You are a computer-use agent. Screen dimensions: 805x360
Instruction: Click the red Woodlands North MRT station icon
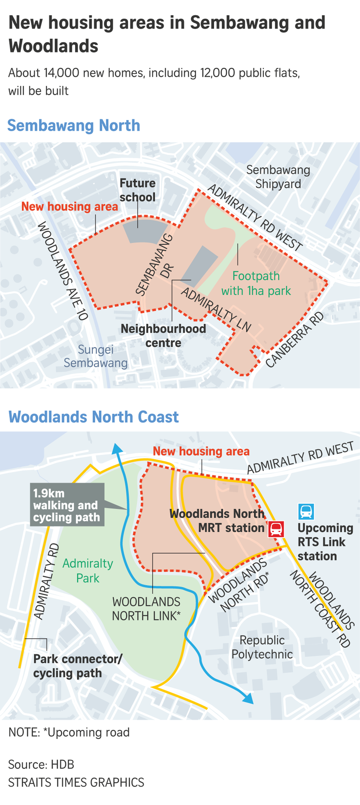276,529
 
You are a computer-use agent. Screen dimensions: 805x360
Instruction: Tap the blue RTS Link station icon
306,511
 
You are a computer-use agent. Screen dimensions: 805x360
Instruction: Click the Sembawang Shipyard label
278,177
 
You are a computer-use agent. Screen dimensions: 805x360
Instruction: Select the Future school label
137,190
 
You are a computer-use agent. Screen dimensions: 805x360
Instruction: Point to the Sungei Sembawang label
95,356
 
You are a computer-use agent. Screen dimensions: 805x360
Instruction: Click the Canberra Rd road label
295,340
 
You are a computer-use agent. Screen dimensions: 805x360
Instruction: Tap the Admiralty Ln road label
216,309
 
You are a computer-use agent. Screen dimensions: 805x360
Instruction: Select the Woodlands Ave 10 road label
63,271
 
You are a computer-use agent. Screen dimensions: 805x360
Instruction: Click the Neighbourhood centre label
163,335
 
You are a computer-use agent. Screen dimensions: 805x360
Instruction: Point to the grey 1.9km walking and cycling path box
67,505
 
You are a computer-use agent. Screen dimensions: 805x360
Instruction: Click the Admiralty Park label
87,570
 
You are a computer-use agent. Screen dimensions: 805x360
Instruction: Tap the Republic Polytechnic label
262,647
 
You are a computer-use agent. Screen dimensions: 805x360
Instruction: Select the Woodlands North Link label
146,608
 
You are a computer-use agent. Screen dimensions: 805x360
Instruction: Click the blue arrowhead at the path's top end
117,448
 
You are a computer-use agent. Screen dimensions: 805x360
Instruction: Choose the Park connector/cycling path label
77,666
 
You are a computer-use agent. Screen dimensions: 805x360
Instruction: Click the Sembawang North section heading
74,125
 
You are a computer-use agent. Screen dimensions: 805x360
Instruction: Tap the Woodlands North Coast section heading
93,417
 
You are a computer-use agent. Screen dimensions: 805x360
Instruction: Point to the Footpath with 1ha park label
256,283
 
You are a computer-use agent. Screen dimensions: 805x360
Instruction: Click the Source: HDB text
41,764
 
